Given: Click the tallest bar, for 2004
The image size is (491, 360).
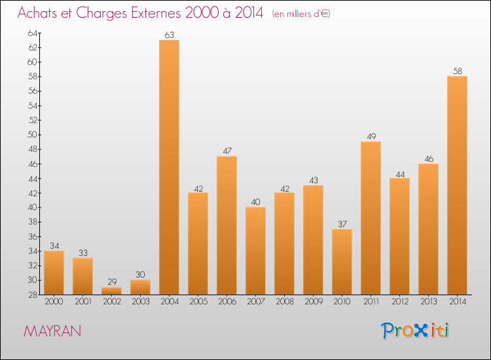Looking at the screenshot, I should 169,167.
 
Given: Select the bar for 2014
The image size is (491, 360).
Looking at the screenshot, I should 457,185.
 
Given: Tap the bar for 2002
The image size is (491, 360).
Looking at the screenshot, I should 111,291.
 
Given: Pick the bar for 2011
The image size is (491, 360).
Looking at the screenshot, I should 371,218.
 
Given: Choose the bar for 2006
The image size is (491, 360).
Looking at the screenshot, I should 227,225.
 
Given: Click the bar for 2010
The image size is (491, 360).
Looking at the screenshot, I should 342,262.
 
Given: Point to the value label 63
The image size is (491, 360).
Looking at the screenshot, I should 169,35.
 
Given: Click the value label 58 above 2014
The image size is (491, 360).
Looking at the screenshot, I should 457,71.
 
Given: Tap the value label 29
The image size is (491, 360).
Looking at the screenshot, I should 111,282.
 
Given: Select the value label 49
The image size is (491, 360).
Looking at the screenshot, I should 371,137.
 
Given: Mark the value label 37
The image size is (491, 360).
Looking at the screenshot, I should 342,224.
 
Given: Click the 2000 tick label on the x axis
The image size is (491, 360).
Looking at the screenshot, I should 54,302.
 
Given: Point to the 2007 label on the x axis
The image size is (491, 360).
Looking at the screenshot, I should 255,302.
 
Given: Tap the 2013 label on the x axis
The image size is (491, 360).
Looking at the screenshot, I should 428,302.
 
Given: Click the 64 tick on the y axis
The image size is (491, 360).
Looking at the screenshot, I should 33,33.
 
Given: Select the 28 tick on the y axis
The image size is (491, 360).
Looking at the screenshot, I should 33,295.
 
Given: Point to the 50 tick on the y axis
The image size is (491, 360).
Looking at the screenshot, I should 33,135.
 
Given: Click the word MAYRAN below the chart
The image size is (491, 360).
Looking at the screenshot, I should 52,331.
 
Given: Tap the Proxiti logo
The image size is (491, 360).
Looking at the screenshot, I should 415,331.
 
